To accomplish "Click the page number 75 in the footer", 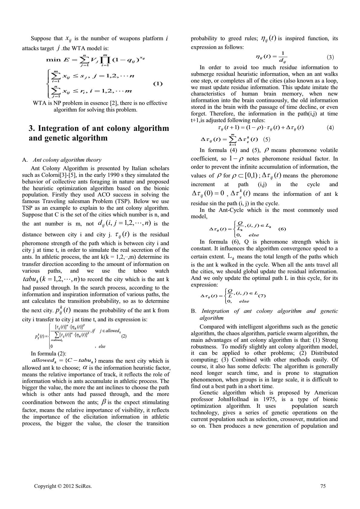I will [x=323, y=486].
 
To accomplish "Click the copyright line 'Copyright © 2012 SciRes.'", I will [x=63, y=486].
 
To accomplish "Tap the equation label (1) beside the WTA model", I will [x=158, y=84].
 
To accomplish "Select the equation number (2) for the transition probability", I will [x=124, y=336].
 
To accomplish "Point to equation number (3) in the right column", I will [x=330, y=57].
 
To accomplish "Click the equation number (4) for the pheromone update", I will [x=330, y=128].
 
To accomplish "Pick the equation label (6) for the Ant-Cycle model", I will [x=282, y=229].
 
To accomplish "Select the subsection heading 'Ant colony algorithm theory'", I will [x=67, y=160].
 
